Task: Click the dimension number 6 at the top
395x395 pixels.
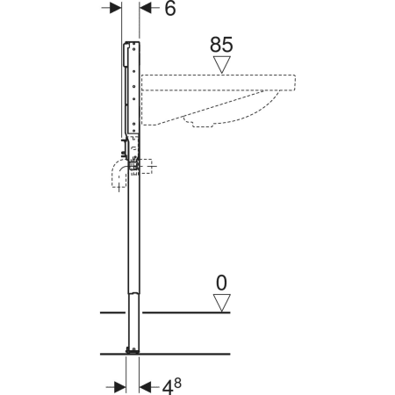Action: click(170, 8)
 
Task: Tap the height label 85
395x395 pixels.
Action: click(221, 45)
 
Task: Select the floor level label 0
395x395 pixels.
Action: click(221, 283)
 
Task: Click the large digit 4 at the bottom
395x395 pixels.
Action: click(168, 387)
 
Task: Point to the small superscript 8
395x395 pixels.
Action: click(177, 383)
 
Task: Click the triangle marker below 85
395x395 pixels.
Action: click(222, 64)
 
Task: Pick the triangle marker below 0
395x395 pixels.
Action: click(222, 303)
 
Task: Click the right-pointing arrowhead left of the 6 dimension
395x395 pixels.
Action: click(115, 8)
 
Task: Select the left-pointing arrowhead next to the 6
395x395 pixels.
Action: click(146, 8)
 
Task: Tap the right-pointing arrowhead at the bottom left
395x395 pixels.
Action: click(120, 387)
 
